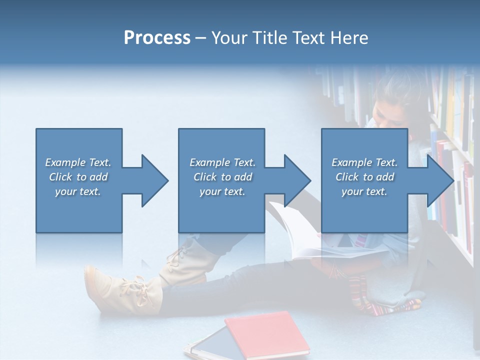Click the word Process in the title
point(157,37)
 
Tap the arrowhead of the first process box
point(155,180)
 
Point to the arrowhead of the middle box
point(297,180)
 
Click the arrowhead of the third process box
point(440,180)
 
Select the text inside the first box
point(78,177)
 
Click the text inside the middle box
point(222,177)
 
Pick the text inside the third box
point(364,177)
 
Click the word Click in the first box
point(61,177)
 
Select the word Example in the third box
point(351,162)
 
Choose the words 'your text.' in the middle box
point(222,191)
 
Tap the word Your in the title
point(228,37)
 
